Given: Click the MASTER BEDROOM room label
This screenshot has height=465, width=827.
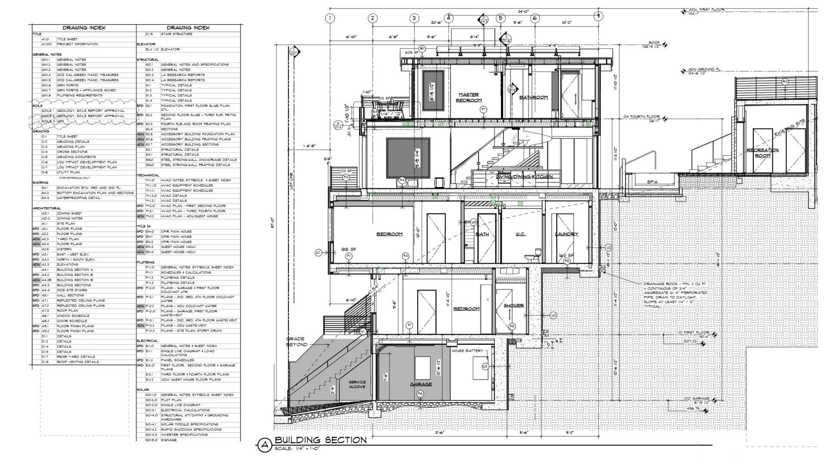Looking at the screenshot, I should pyautogui.click(x=469, y=97).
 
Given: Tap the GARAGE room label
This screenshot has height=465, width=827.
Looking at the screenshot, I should pyautogui.click(x=421, y=384).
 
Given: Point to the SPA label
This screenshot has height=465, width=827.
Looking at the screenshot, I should pyautogui.click(x=652, y=182).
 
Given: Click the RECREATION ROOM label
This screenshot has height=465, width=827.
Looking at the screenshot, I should pyautogui.click(x=762, y=152).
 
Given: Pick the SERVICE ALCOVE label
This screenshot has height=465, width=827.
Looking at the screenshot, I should pyautogui.click(x=357, y=384).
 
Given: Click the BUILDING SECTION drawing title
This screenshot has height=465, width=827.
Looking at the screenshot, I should pyautogui.click(x=320, y=440).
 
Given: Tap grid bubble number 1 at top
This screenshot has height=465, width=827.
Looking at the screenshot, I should pyautogui.click(x=330, y=18).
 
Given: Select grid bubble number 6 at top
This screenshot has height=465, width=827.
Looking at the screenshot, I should pyautogui.click(x=535, y=18).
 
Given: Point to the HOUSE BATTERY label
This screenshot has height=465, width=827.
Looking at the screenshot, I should pyautogui.click(x=467, y=350).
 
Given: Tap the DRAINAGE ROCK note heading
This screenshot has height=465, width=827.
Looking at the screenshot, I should pyautogui.click(x=659, y=284).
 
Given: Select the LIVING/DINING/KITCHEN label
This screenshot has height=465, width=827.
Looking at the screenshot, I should pyautogui.click(x=524, y=177).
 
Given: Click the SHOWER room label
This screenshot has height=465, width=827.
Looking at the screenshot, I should pyautogui.click(x=513, y=305).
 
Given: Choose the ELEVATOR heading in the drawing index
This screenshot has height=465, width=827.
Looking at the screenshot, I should pyautogui.click(x=146, y=44).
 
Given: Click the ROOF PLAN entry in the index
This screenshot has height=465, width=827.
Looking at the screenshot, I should pyautogui.click(x=68, y=310).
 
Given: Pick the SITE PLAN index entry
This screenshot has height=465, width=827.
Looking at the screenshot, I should pyautogui.click(x=66, y=223).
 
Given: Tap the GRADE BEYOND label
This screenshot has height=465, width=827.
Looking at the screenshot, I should pyautogui.click(x=297, y=341).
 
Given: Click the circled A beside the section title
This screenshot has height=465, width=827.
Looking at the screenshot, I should pyautogui.click(x=264, y=445).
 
